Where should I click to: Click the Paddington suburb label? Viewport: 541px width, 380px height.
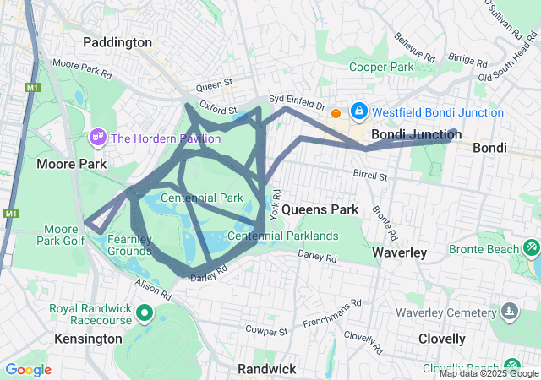(117, 41)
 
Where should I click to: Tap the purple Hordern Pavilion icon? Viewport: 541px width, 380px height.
(97, 137)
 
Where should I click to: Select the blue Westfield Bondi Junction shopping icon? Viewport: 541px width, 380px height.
(359, 111)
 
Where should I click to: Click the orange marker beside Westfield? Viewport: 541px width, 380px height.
(336, 113)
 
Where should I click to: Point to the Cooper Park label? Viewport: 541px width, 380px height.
(381, 67)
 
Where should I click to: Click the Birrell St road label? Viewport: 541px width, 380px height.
(371, 177)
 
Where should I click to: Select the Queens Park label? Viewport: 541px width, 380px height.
(320, 209)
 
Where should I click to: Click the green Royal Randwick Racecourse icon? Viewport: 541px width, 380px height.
(144, 315)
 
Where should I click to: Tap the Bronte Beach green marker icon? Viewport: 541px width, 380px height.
(531, 249)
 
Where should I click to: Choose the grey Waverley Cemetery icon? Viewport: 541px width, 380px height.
(509, 312)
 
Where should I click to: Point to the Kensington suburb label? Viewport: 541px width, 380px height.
(87, 338)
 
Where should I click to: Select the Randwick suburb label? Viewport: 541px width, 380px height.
(266, 369)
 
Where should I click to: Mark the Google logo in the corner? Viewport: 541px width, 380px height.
(28, 370)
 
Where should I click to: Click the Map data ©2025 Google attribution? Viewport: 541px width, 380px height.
(488, 374)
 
